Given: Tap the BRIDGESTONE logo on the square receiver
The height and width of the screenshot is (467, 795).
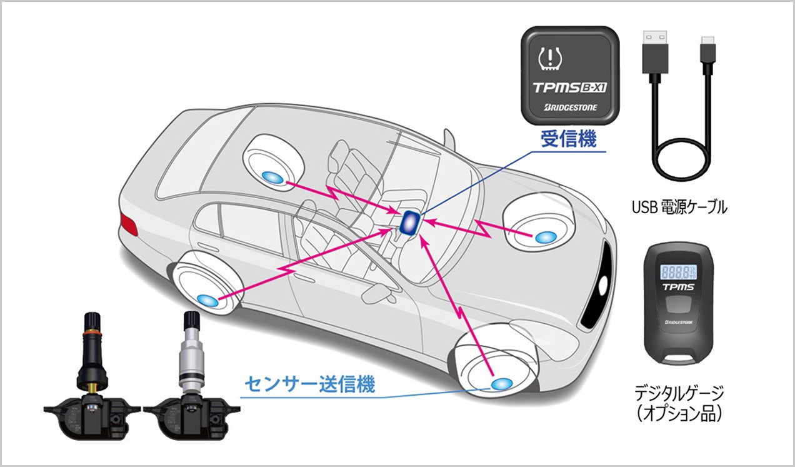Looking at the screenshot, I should [x=571, y=108].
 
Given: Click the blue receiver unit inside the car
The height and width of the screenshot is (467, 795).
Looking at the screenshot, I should [x=410, y=222].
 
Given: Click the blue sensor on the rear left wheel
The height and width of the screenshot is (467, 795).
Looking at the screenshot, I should [x=209, y=300].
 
